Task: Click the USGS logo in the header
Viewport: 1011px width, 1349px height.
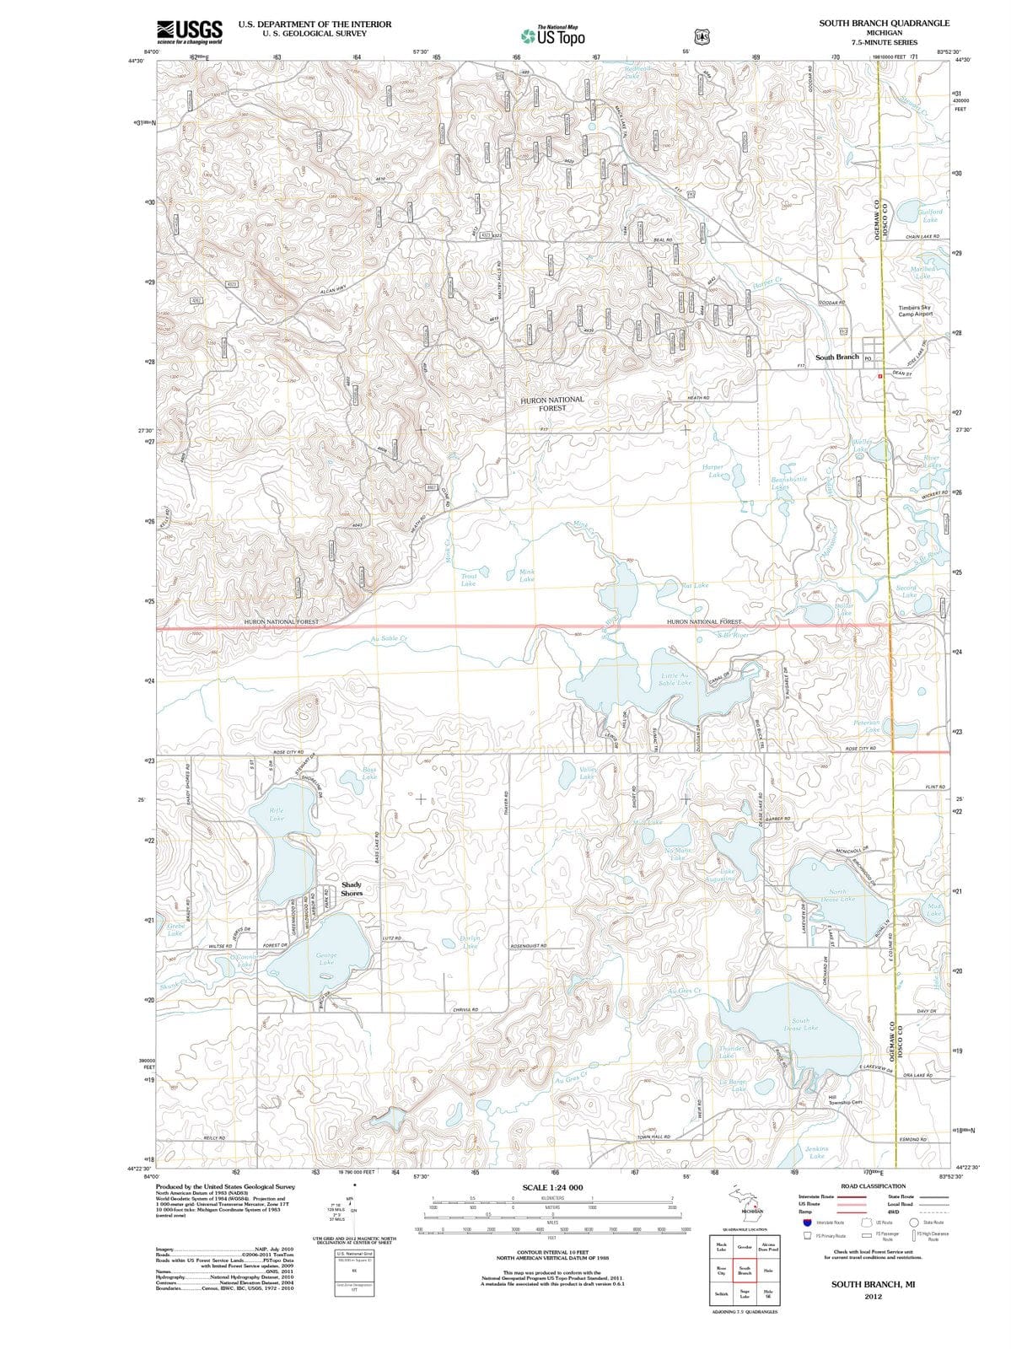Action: click(x=190, y=31)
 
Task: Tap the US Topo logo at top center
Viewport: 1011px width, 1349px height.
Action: click(x=553, y=36)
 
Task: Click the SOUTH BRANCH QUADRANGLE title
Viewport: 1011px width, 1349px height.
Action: click(x=884, y=23)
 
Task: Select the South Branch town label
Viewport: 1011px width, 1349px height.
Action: click(x=836, y=357)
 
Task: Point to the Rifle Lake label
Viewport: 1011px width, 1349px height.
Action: click(x=277, y=814)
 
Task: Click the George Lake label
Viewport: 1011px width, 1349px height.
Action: click(x=325, y=959)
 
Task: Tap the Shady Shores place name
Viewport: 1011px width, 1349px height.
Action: click(x=352, y=889)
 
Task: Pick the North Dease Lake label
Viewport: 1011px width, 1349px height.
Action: click(x=836, y=895)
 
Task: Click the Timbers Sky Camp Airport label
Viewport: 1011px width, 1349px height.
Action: click(x=915, y=311)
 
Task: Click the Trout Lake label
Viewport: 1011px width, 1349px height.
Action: click(x=468, y=579)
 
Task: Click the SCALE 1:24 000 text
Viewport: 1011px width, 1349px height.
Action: click(x=552, y=1187)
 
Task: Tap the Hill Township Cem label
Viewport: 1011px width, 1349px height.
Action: click(x=844, y=1100)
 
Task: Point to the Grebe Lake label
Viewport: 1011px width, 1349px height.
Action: click(x=175, y=929)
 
